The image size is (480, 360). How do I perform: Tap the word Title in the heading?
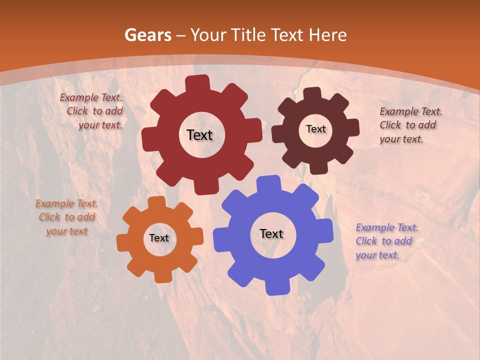pyautogui.click(x=248, y=35)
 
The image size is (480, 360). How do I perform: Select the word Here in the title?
pyautogui.click(x=328, y=35)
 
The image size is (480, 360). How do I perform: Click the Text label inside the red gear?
pyautogui.click(x=199, y=135)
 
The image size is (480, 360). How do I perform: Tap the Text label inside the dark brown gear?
pyautogui.click(x=315, y=129)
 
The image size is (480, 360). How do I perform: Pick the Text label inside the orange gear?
pyautogui.click(x=159, y=238)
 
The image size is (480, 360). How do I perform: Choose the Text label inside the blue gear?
pyautogui.click(x=271, y=233)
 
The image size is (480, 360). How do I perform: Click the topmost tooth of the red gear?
pyautogui.click(x=197, y=83)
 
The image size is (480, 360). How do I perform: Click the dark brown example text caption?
pyautogui.click(x=410, y=125)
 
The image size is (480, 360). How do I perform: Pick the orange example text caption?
pyautogui.click(x=66, y=217)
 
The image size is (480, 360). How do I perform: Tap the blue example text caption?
pyautogui.click(x=386, y=241)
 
